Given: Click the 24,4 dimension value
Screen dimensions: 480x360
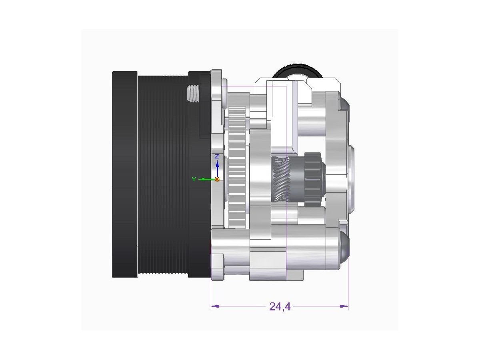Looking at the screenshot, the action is (280, 307).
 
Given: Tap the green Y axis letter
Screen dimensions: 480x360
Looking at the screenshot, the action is (194, 179).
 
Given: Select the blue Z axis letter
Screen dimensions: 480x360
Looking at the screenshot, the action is (217, 156).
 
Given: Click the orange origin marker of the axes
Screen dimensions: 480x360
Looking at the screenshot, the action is (217, 180).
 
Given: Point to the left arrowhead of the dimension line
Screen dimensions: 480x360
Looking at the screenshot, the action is (215, 306).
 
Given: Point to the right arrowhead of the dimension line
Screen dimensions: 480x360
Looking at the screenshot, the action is (344, 306).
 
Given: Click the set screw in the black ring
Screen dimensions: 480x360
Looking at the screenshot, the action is (193, 94).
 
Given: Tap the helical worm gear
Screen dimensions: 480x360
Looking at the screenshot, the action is (281, 179).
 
